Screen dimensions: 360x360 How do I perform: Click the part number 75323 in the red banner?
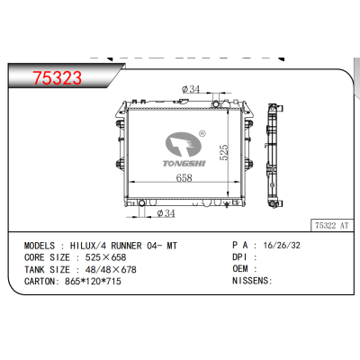[56, 78]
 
